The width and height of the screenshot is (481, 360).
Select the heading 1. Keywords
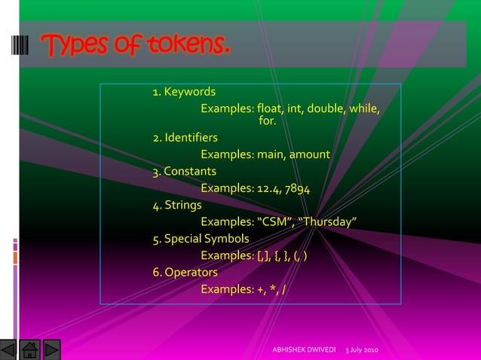(x=184, y=92)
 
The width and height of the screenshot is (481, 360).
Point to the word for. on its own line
(x=268, y=121)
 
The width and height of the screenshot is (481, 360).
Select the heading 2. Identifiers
(x=185, y=138)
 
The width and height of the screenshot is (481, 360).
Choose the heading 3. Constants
(x=184, y=171)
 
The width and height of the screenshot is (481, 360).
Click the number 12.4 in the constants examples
(x=269, y=188)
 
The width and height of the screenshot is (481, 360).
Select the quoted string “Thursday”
(x=328, y=221)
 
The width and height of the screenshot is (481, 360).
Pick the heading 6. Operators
(x=185, y=272)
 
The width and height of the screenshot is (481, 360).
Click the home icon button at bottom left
(x=30, y=350)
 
